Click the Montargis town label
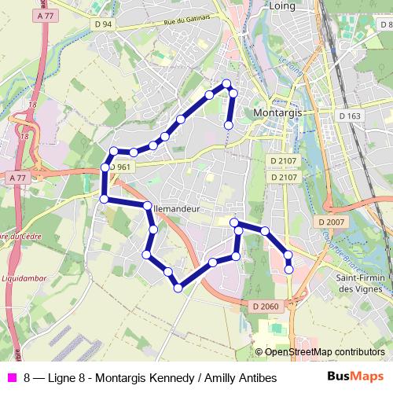pos(278,113)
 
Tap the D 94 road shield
pos(102,24)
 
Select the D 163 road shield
pos(351,116)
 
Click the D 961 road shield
pos(120,167)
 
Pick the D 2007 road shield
pos(332,222)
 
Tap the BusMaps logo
pos(355,377)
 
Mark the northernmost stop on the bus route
pos(226,83)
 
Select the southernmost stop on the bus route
pos(178,288)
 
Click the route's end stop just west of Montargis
pos(229,125)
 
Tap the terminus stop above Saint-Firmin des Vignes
pos(288,270)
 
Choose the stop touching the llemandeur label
pos(147,206)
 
